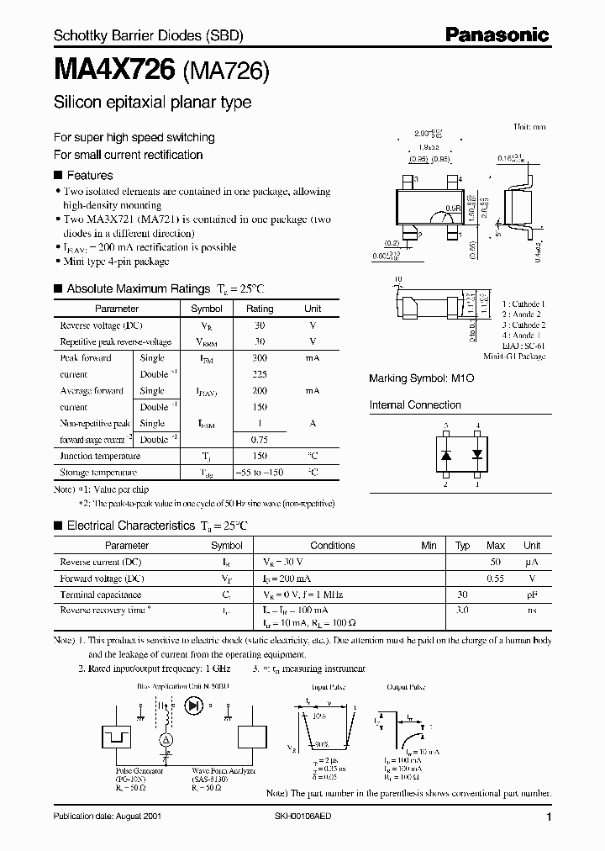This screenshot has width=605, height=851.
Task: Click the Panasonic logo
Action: (497, 35)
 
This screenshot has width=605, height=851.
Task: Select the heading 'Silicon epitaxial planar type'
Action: (152, 103)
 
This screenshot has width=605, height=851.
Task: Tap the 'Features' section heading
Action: (89, 176)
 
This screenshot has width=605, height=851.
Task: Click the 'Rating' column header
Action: (260, 309)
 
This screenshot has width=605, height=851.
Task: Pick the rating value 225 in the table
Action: (260, 374)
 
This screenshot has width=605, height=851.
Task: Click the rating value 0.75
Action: (260, 439)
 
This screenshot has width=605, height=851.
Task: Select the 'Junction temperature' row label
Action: (100, 456)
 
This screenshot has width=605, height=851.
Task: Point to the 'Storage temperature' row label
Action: (98, 473)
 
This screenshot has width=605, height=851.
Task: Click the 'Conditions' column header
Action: (333, 545)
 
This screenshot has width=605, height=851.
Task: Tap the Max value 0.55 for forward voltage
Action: (497, 579)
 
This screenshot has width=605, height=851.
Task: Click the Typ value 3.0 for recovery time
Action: (462, 610)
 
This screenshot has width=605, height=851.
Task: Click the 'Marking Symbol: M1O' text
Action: (422, 379)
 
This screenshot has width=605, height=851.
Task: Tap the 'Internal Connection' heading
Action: (415, 404)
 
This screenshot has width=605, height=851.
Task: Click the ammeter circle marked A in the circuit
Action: (166, 738)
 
